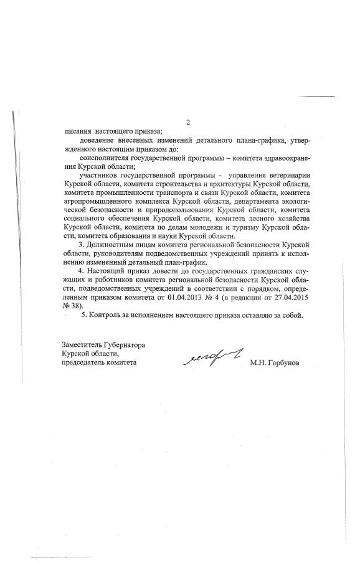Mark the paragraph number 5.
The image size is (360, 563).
(84, 315)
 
